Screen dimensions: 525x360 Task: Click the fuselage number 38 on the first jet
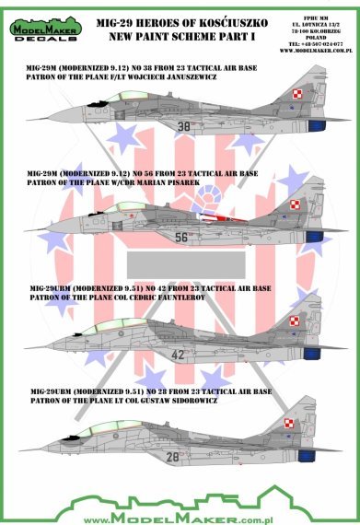[x=183, y=127]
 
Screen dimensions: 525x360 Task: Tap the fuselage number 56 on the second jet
[x=180, y=237]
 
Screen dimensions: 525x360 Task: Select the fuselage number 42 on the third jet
[x=179, y=354]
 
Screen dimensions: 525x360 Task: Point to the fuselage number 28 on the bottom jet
[x=172, y=482]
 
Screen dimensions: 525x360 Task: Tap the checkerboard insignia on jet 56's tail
[x=295, y=204]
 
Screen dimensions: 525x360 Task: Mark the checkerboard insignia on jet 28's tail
[x=295, y=453]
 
